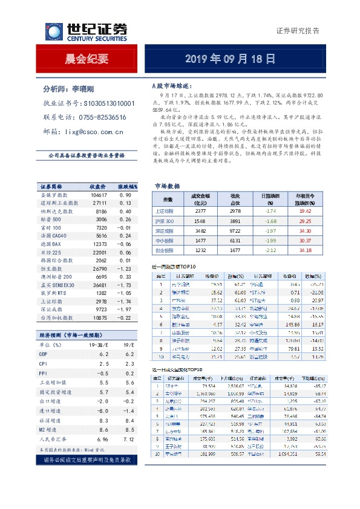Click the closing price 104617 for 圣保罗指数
(x=98, y=195)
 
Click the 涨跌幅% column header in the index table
(x=128, y=186)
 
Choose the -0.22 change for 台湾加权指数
(x=125, y=317)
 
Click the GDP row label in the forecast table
(x=44, y=354)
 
